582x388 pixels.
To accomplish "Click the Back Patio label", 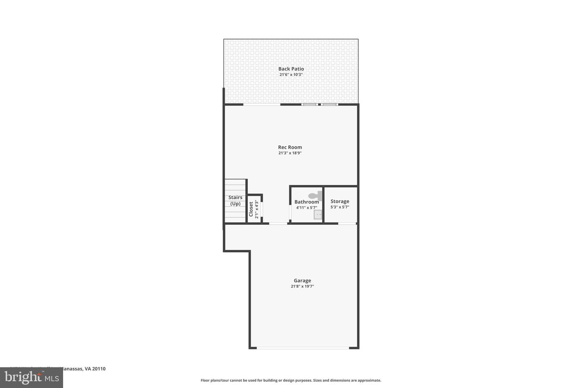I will tap(291, 69).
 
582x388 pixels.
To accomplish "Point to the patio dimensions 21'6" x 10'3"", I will tap(291, 75).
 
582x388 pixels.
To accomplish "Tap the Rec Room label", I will tap(290, 147).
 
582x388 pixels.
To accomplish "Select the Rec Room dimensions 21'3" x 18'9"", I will tap(290, 153).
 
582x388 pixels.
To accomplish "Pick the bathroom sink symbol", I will tap(318, 215).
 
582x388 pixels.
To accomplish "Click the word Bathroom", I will tap(306, 202).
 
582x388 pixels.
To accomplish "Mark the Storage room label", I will tap(339, 201).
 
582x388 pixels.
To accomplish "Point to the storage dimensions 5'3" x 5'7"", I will tap(339, 207).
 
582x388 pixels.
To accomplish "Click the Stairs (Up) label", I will tap(235, 200).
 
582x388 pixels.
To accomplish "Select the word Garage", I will tap(302, 280).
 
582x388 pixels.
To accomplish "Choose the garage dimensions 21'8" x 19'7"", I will tap(302, 287).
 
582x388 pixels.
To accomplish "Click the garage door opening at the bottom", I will tap(303, 348).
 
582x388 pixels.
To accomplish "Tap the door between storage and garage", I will tap(347, 223).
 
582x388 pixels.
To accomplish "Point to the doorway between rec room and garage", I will tap(278, 223).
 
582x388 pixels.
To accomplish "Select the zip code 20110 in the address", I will tap(99, 369).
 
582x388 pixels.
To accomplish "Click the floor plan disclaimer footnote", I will tap(291, 380).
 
